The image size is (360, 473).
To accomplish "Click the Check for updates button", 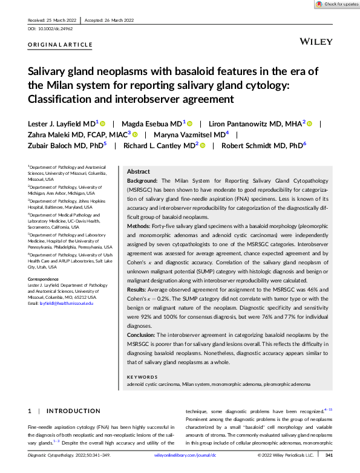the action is (x=336, y=4).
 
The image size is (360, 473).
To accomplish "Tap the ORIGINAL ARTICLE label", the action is (x=61, y=45).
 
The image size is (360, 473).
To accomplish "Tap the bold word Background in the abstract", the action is (x=142, y=181).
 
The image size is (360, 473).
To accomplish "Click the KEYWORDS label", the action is (x=142, y=376).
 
